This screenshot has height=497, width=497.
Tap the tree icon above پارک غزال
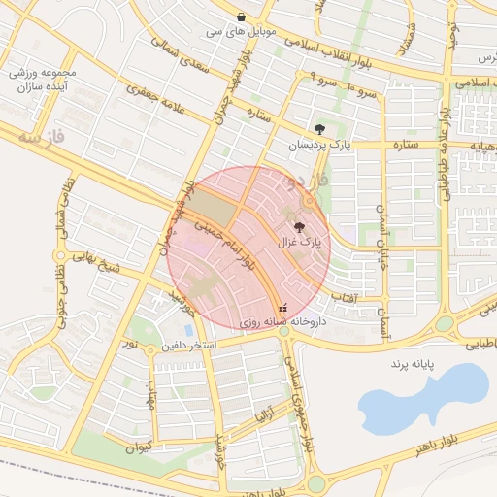[x=297, y=225]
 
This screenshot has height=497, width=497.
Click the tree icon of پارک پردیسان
[x=320, y=129]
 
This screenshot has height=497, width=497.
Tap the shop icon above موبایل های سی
[x=241, y=17]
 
